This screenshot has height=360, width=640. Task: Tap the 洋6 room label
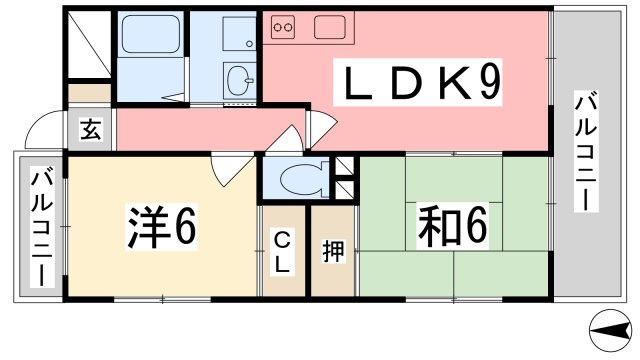[161, 229]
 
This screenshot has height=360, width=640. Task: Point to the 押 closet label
[332, 251]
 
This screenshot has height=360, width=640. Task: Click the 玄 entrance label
[90, 129]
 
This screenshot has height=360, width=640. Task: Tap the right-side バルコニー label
[584, 151]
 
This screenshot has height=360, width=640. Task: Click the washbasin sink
[240, 80]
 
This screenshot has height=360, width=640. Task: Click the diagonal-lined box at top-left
[91, 46]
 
